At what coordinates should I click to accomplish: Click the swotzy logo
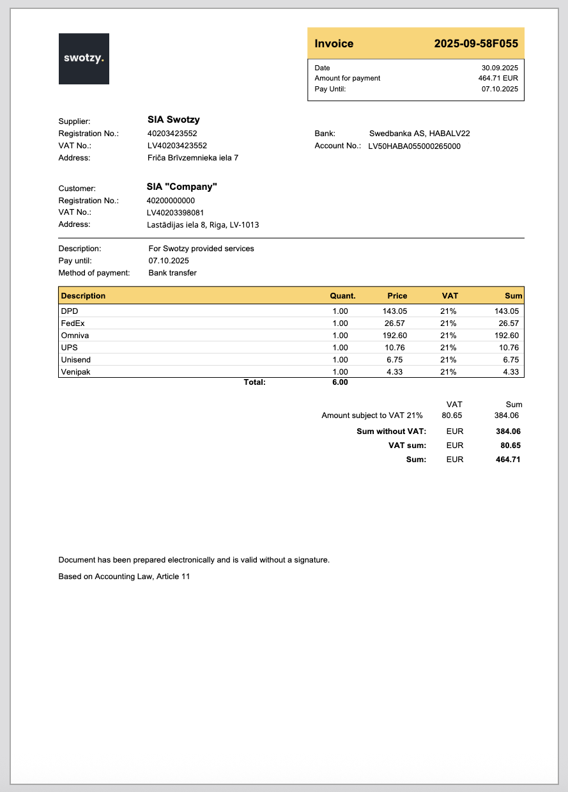84,58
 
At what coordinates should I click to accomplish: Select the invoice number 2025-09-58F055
475,44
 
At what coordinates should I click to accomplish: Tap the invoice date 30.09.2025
500,68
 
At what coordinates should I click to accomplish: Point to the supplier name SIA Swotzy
173,120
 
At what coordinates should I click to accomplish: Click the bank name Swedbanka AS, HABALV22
419,134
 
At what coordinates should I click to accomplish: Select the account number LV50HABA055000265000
414,146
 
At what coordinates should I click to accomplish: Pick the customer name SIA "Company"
182,187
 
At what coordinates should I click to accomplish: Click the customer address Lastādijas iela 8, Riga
203,224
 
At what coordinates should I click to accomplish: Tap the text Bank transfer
173,273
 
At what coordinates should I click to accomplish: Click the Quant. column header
342,296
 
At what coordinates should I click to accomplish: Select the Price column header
397,296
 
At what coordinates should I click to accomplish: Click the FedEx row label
72,323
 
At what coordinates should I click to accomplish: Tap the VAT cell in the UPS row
448,348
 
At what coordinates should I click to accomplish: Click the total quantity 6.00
340,382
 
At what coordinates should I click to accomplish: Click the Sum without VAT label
391,431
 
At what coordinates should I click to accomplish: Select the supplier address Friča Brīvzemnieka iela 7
193,157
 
